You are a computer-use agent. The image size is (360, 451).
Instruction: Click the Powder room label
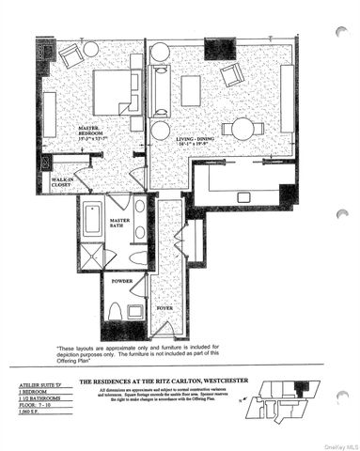[121, 279]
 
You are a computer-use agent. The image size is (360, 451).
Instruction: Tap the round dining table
[243, 129]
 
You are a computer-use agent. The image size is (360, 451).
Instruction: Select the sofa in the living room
[160, 91]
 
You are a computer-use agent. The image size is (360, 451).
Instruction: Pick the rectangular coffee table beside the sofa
[191, 90]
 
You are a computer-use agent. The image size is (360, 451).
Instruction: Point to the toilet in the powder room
[115, 312]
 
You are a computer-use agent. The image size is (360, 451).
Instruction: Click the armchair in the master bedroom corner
[70, 55]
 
